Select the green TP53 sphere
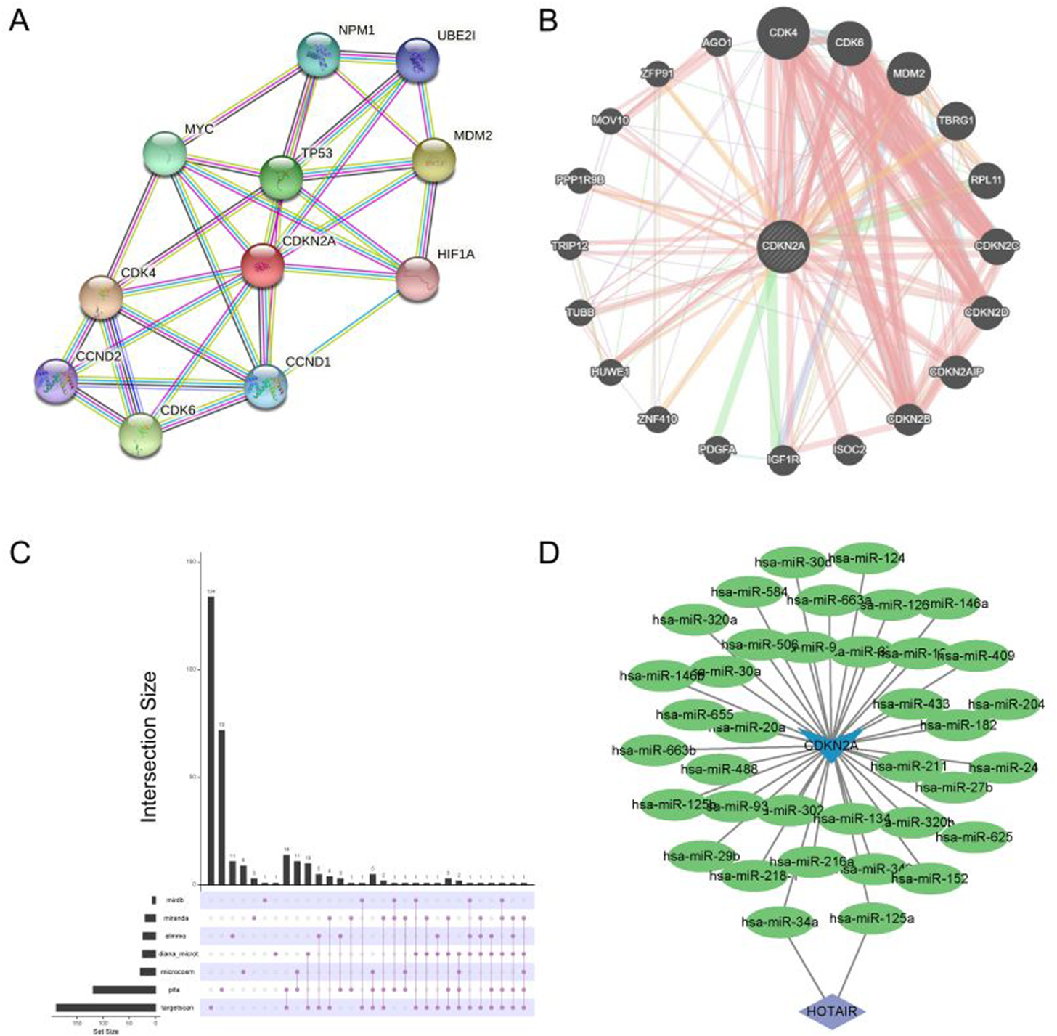click(x=281, y=177)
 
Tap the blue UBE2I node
click(x=419, y=62)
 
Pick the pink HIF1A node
click(x=419, y=277)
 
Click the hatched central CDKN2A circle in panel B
click(x=783, y=246)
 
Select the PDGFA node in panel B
click(x=717, y=450)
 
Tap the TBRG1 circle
click(x=955, y=121)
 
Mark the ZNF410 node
click(x=658, y=419)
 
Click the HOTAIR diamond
click(x=832, y=1011)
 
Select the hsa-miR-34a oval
click(x=780, y=922)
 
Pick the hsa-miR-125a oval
click(x=871, y=918)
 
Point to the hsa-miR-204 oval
click(x=1006, y=704)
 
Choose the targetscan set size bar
click(x=106, y=1007)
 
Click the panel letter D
click(x=549, y=553)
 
